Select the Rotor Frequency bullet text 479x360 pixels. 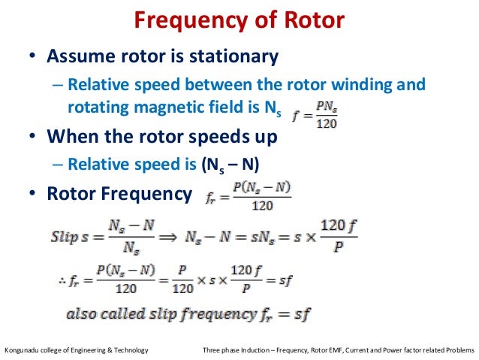click(119, 194)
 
